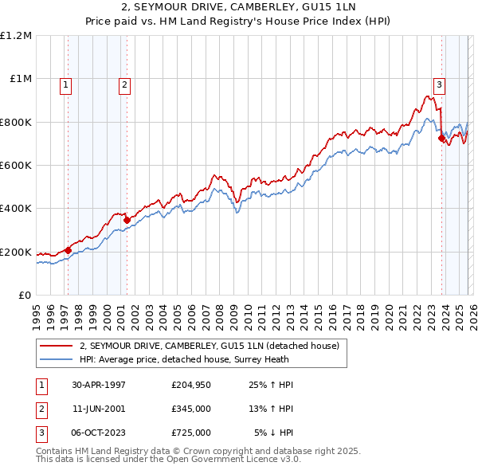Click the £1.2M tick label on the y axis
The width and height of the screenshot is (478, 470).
(x=16, y=36)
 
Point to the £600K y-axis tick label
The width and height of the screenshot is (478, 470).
(x=15, y=166)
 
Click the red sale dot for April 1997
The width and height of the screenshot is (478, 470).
(x=69, y=251)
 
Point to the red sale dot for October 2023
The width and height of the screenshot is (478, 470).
(x=441, y=138)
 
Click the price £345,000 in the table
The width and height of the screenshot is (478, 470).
(x=190, y=409)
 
